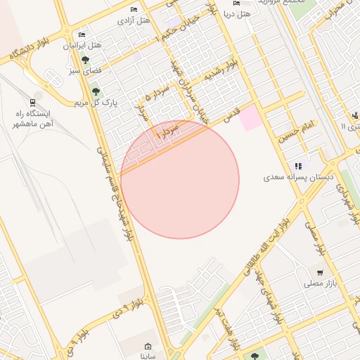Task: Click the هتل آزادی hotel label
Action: [135, 21]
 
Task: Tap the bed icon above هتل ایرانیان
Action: [82, 34]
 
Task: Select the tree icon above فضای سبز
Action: [85, 60]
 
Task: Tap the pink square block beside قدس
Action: [249, 119]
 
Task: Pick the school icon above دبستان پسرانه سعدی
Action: [299, 167]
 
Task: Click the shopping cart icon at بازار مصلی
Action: [320, 273]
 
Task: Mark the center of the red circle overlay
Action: [180, 179]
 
